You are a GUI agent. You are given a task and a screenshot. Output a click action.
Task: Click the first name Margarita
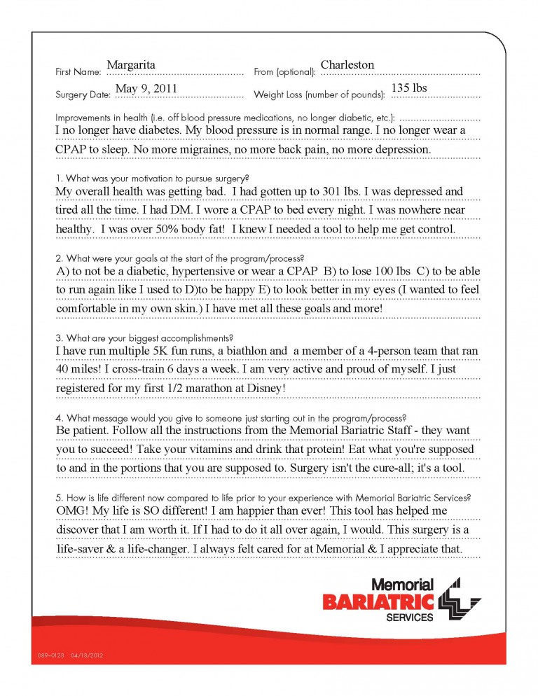(x=131, y=64)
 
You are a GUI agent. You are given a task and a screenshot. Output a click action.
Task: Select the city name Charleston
(x=347, y=64)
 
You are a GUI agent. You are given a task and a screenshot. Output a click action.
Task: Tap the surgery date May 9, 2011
(x=146, y=88)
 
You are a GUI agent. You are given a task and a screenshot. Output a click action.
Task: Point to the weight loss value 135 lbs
(x=409, y=88)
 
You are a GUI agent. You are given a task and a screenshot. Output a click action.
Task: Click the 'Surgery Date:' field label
(x=83, y=94)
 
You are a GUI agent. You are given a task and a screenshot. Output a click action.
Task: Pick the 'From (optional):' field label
(x=285, y=71)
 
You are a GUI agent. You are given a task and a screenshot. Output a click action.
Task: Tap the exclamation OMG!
(x=71, y=511)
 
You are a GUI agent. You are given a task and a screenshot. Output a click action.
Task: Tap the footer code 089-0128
(x=48, y=655)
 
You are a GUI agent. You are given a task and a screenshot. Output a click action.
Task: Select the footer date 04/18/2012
(x=88, y=655)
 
